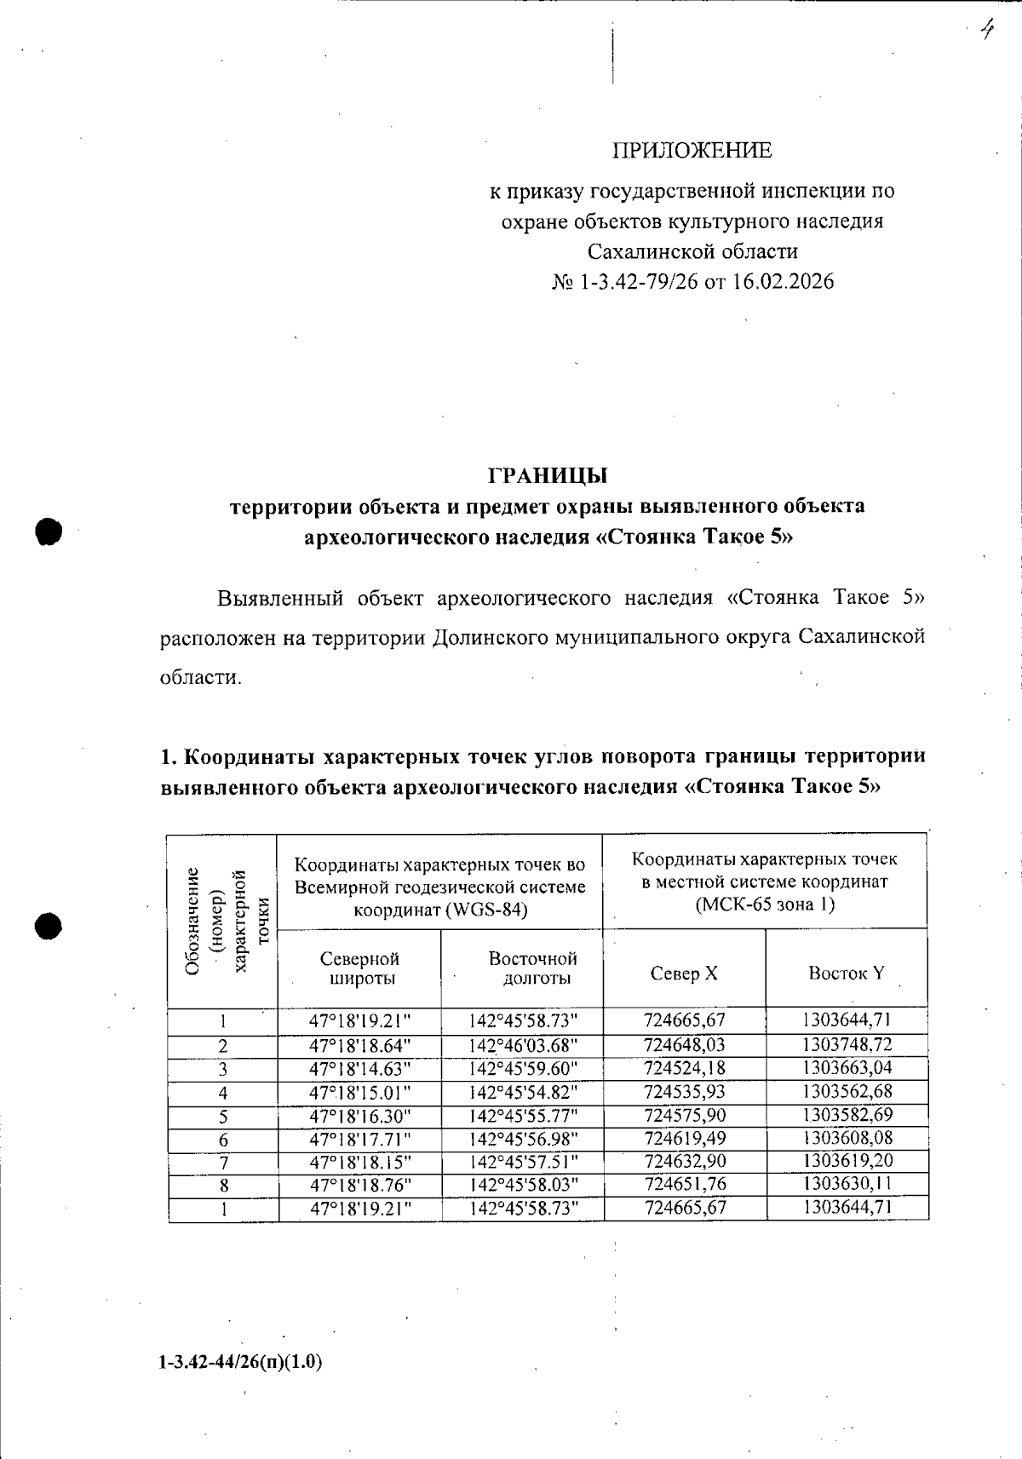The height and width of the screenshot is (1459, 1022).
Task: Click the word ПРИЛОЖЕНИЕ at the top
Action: coord(692,151)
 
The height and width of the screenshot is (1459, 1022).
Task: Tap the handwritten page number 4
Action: coord(987,32)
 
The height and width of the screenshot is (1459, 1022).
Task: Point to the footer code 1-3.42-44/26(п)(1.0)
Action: coord(240,1362)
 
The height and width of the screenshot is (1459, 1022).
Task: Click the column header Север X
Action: coord(684,973)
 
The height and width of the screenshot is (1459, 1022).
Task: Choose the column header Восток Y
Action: coord(846,973)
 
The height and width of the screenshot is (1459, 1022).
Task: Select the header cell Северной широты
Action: coord(359,968)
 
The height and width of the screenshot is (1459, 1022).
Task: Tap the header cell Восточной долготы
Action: coord(533,968)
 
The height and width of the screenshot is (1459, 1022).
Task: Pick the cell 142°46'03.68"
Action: coord(523,1045)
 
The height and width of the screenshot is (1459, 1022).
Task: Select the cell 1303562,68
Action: coord(847,1091)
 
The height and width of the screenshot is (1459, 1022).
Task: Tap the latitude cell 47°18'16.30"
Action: coord(360,1115)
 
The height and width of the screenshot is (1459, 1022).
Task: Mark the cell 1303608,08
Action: coord(847,1137)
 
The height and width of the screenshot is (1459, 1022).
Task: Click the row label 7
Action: coord(223,1162)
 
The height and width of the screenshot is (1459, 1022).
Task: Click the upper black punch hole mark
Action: coord(49,530)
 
